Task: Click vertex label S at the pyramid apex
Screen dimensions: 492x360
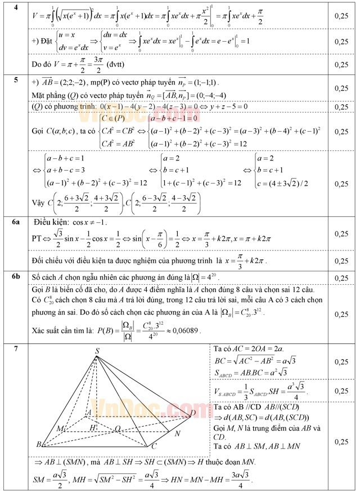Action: tap(97, 351)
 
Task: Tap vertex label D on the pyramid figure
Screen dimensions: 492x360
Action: tap(193, 414)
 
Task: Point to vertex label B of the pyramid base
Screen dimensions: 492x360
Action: tap(39, 445)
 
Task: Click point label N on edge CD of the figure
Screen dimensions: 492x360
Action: tap(178, 433)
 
